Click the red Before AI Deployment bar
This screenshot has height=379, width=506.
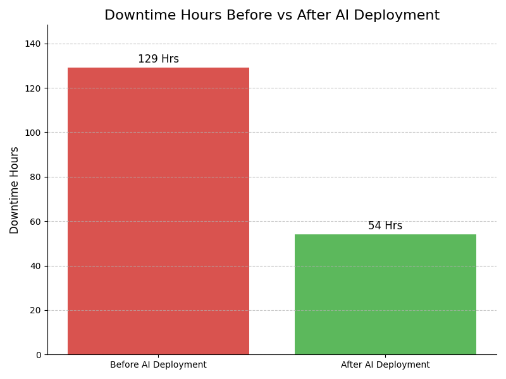pos(158,211)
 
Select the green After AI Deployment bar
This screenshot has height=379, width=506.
pos(385,294)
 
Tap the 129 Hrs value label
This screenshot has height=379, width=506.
pos(158,59)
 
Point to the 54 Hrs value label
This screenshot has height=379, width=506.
pos(385,226)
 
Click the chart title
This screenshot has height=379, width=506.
pos(272,16)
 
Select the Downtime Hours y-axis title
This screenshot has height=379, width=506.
pos(15,190)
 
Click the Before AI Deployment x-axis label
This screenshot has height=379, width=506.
pos(158,365)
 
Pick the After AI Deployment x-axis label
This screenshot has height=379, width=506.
pos(385,365)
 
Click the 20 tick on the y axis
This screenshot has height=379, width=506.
pos(35,310)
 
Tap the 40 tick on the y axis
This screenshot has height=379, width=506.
pos(35,266)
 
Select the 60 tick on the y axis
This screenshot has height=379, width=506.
pos(35,222)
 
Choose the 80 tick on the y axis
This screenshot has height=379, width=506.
pos(35,177)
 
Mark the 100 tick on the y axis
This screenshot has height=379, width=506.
pos(33,133)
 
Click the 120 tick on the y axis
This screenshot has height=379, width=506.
pos(33,88)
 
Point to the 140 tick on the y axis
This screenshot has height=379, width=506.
pos(33,44)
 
